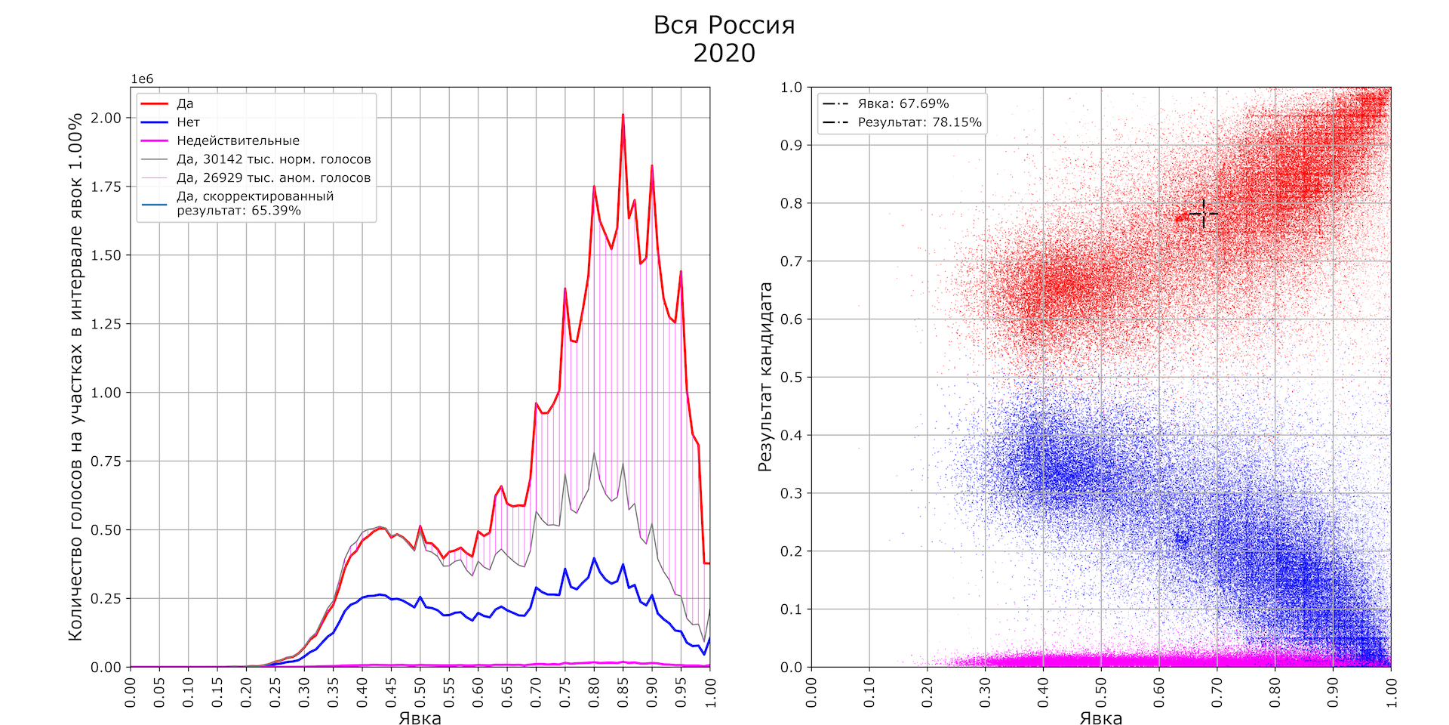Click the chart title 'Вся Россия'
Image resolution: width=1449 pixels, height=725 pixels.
click(x=724, y=25)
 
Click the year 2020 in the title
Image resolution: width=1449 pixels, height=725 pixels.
click(x=724, y=53)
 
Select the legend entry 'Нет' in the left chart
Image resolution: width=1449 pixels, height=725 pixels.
click(x=188, y=122)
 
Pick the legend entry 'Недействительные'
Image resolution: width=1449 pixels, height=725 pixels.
click(x=238, y=140)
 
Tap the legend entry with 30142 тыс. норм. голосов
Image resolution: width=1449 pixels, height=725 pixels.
click(x=273, y=159)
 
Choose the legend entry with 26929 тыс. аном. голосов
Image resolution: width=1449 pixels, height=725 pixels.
click(x=273, y=178)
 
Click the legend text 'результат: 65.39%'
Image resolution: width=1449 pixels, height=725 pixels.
click(x=238, y=211)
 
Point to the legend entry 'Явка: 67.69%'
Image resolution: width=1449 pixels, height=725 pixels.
click(x=903, y=103)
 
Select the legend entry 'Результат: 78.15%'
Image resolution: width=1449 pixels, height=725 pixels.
click(x=919, y=122)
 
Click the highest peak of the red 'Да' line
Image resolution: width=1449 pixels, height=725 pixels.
click(x=623, y=116)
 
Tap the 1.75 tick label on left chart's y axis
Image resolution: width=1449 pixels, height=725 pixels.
click(x=106, y=187)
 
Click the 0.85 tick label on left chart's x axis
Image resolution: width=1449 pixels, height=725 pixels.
click(x=623, y=693)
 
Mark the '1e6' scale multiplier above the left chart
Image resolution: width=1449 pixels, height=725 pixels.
click(x=142, y=79)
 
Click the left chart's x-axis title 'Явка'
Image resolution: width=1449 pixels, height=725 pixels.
click(x=420, y=718)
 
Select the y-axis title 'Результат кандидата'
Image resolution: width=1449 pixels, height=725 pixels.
click(x=765, y=377)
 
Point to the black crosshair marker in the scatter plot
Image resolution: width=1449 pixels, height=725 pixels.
click(x=1203, y=214)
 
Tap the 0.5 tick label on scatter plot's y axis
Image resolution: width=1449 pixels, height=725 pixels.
click(x=791, y=377)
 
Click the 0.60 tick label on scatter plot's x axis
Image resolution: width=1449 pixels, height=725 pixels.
click(x=1159, y=693)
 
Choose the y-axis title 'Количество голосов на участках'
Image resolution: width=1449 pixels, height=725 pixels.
click(x=75, y=377)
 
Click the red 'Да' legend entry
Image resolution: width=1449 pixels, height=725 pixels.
click(x=185, y=103)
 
